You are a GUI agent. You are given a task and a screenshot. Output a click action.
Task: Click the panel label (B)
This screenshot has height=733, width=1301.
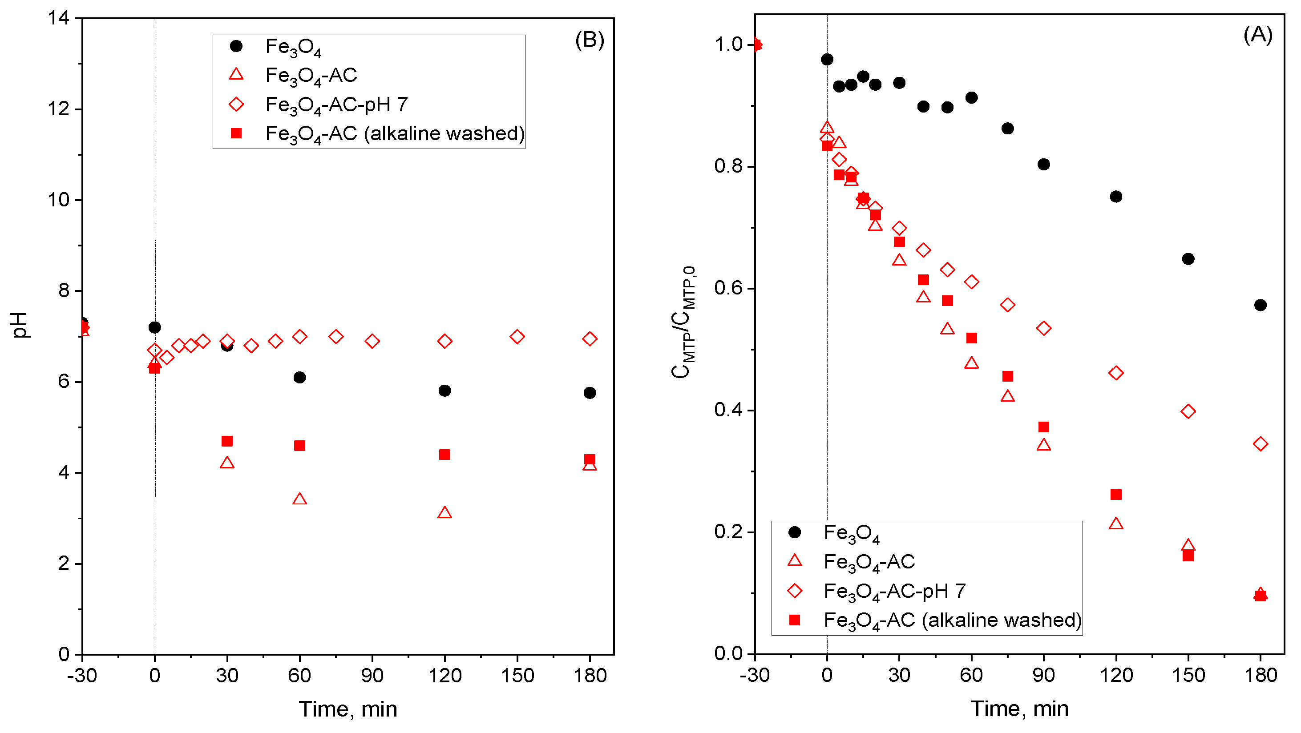click(590, 40)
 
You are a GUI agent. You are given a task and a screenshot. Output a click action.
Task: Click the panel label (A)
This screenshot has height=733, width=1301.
click(1257, 35)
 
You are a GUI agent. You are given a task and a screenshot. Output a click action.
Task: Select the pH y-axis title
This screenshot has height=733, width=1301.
click(20, 325)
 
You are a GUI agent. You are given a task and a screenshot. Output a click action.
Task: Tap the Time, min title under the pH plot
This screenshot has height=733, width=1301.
click(347, 709)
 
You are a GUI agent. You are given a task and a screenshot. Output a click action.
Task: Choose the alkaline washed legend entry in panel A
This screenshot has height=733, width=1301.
click(952, 620)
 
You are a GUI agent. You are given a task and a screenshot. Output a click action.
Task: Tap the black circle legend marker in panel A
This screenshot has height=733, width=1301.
click(795, 532)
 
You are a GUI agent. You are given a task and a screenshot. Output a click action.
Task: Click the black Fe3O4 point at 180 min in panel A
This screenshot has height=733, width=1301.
click(1260, 305)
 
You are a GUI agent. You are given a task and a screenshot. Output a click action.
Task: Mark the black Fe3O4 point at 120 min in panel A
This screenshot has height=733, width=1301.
click(1115, 197)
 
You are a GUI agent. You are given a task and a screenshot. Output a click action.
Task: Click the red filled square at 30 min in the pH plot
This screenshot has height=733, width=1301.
click(227, 441)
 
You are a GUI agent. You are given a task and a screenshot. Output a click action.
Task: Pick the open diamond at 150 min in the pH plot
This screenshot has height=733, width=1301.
click(517, 337)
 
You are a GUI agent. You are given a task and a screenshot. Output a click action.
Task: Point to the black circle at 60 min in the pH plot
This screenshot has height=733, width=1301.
click(299, 377)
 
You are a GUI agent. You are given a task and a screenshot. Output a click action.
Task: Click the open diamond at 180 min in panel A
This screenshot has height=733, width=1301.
click(1260, 444)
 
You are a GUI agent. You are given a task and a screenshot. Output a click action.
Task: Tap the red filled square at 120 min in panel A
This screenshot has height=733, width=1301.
click(1115, 494)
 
